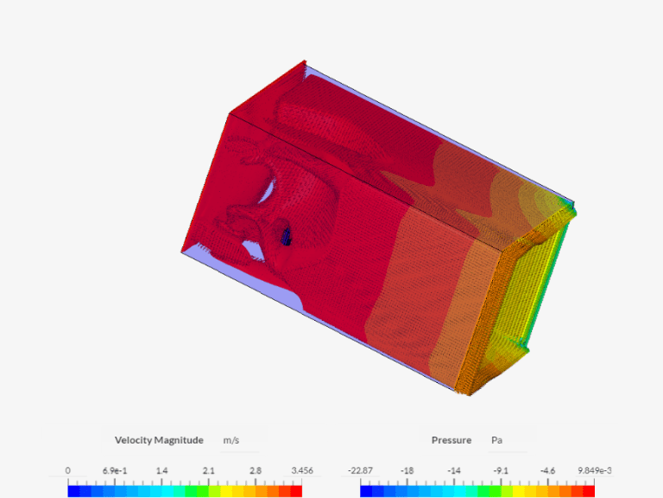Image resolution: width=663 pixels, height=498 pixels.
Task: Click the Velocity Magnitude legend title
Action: click(159, 440)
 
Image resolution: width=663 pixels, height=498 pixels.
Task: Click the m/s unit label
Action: click(230, 440)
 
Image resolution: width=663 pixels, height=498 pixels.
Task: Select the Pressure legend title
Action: click(451, 440)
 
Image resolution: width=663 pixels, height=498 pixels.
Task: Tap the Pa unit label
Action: click(497, 440)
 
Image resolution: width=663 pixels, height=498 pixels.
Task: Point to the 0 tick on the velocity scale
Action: click(67, 470)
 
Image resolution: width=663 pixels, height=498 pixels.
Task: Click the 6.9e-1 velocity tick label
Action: click(115, 470)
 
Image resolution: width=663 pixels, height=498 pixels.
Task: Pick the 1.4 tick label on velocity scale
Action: click(161, 470)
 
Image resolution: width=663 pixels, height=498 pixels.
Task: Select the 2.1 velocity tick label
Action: click(208, 470)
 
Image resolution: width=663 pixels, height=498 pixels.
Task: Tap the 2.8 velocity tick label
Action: click(256, 470)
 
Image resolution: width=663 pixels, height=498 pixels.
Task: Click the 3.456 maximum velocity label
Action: click(302, 470)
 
